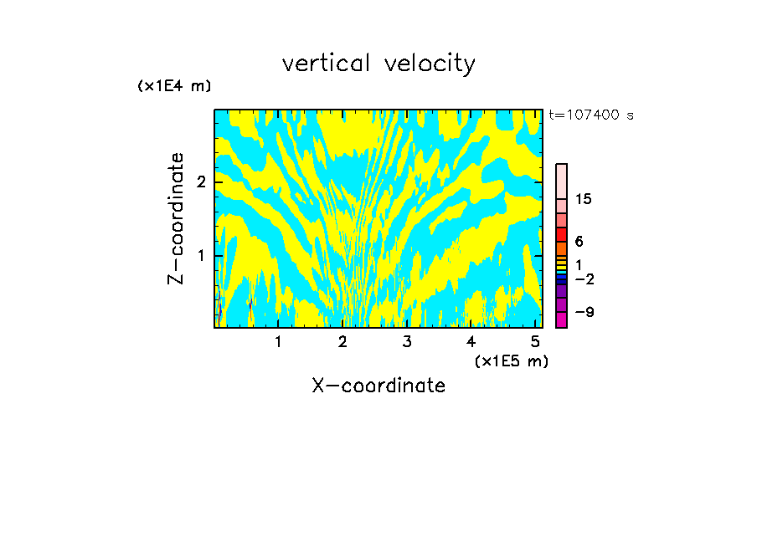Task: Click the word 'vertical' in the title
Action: tap(323, 64)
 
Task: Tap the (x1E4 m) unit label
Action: tap(174, 86)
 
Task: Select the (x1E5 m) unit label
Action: tap(511, 360)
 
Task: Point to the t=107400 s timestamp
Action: tap(591, 115)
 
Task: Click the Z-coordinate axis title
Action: tap(177, 218)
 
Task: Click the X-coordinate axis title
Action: tap(378, 386)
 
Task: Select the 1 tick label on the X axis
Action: tap(278, 342)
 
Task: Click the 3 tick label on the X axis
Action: tap(406, 342)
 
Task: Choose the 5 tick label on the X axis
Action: tap(535, 342)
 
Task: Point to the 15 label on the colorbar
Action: tap(584, 199)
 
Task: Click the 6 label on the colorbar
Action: tap(579, 241)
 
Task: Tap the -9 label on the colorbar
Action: tap(584, 312)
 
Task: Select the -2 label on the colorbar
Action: tap(584, 279)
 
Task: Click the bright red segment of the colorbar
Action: tap(561, 234)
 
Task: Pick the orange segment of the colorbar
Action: tap(561, 248)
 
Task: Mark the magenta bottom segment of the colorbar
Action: tap(561, 320)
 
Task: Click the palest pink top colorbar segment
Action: tap(561, 181)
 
